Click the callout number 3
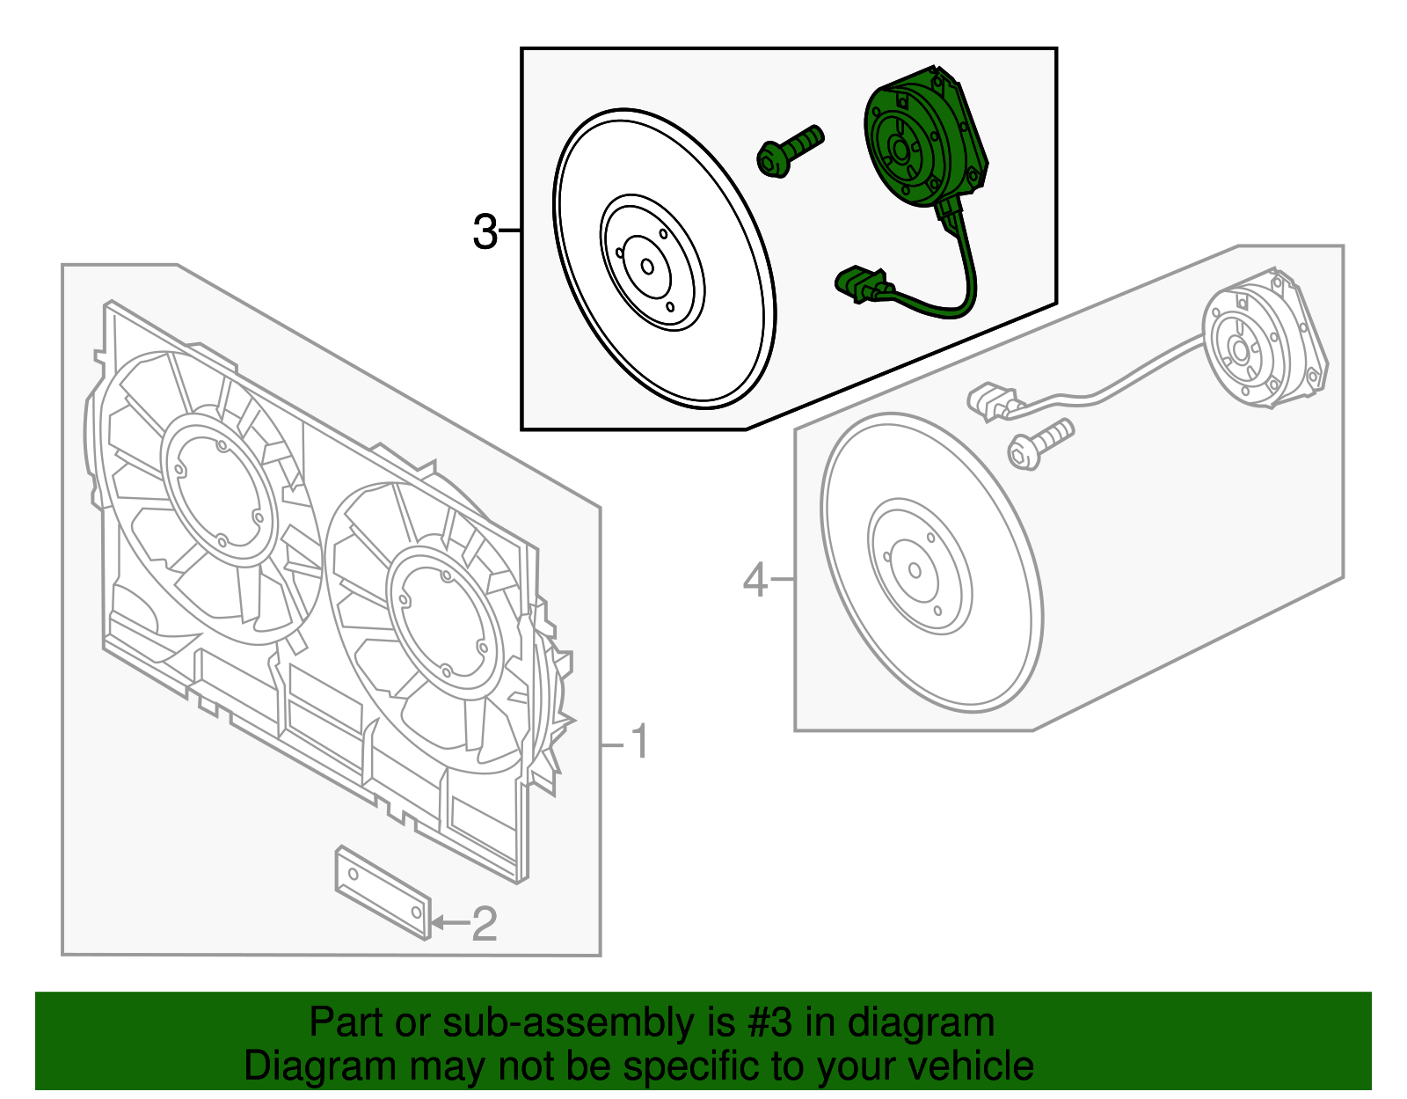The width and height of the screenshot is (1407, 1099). (x=485, y=232)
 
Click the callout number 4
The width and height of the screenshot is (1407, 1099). (x=755, y=581)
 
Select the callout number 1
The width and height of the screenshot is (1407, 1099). (x=641, y=742)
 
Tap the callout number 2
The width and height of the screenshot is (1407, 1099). (x=485, y=924)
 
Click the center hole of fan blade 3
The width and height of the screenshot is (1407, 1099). (x=648, y=267)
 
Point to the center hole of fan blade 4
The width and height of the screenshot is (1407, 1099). (x=915, y=571)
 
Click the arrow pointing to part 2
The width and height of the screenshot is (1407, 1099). (x=448, y=923)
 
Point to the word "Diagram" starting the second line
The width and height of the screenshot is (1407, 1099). (x=320, y=1066)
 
